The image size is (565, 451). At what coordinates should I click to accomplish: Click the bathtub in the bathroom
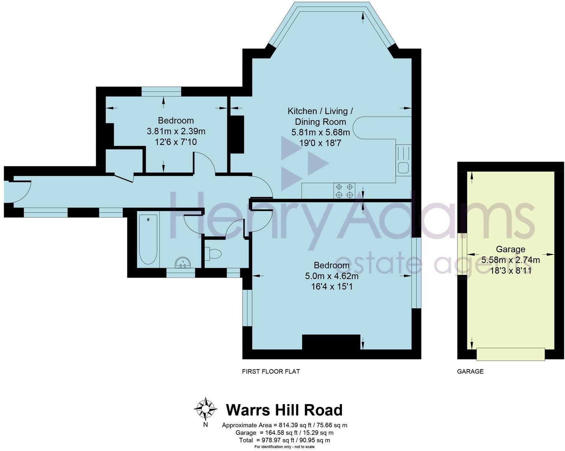click(x=148, y=240)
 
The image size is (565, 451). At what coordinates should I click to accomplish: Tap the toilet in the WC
click(x=214, y=253)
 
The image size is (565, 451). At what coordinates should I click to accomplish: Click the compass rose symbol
click(x=206, y=409)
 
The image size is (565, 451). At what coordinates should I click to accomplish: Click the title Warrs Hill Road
click(x=284, y=410)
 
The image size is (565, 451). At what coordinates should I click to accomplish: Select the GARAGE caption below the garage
click(x=470, y=371)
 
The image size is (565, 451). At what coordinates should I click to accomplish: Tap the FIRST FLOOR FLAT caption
click(x=271, y=371)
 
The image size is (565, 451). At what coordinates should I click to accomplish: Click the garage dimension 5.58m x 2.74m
click(x=511, y=260)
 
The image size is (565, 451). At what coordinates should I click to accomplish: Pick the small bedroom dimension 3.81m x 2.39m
click(x=176, y=131)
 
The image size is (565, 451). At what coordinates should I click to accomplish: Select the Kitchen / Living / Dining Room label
click(x=320, y=116)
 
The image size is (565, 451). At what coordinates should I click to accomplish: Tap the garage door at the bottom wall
click(x=511, y=354)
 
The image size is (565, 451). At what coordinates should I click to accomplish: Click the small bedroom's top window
click(x=161, y=91)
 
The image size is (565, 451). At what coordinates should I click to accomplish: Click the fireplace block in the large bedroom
click(x=331, y=342)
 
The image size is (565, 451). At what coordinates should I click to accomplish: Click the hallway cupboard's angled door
click(x=124, y=177)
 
